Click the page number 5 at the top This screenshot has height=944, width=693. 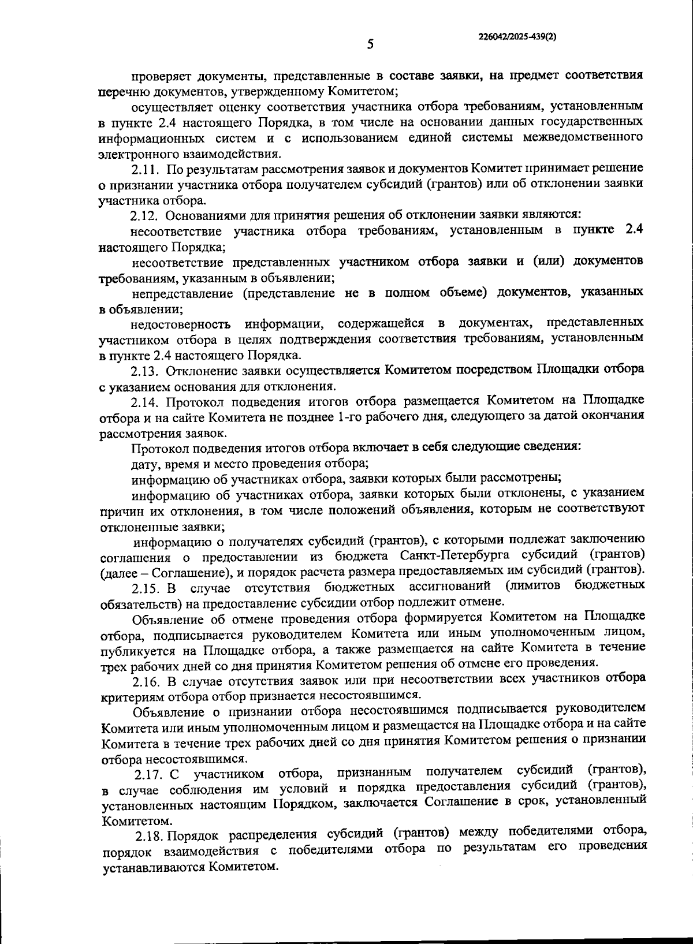pyautogui.click(x=370, y=44)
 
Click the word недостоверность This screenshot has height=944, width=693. pyautogui.click(x=180, y=323)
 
